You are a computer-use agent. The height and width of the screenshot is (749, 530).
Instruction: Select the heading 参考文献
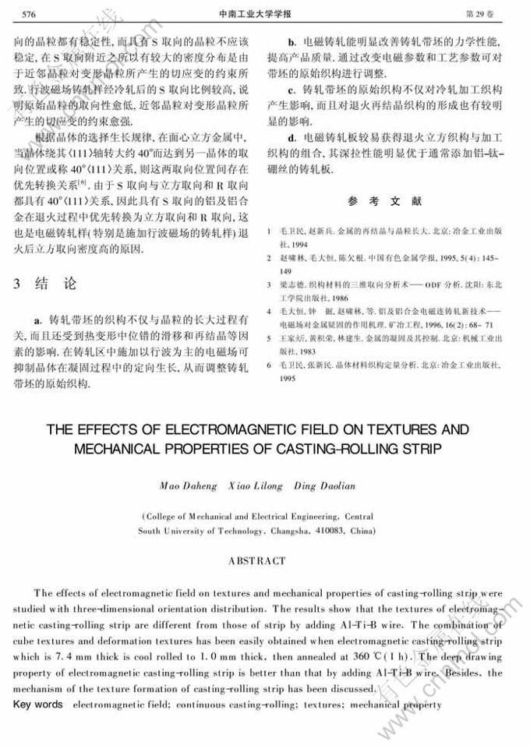tap(384, 200)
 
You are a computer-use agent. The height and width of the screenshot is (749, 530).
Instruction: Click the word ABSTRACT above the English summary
tap(256, 560)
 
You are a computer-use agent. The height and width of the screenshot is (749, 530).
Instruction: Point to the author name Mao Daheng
tap(185, 486)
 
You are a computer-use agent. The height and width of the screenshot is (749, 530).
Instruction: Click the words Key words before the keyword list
tap(38, 705)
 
